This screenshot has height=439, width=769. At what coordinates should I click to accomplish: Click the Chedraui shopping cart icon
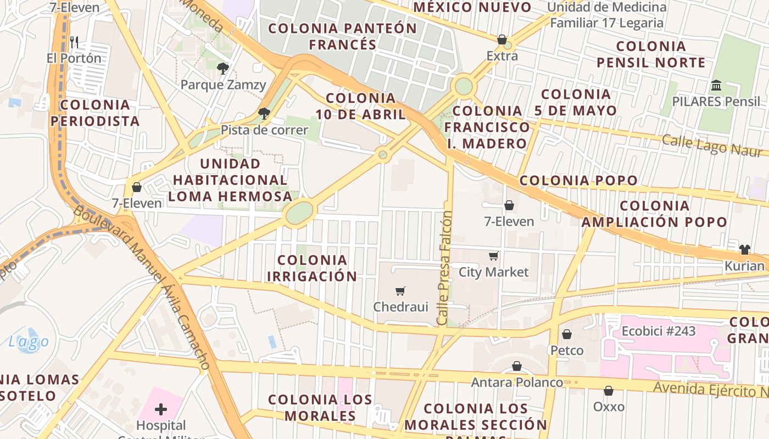(400, 291)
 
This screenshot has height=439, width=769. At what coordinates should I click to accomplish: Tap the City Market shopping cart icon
(494, 256)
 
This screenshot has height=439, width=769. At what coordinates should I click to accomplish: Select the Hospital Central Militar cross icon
(161, 409)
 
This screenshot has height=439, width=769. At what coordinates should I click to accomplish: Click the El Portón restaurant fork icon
(74, 42)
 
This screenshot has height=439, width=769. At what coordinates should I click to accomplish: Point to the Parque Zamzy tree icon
(223, 69)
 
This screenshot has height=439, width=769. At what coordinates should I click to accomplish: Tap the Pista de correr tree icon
(264, 114)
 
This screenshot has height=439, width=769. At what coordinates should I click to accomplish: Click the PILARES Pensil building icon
(716, 86)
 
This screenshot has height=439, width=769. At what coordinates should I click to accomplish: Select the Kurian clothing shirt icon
(744, 250)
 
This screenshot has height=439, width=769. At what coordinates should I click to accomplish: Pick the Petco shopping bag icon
(567, 334)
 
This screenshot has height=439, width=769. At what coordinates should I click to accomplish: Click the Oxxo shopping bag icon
(609, 391)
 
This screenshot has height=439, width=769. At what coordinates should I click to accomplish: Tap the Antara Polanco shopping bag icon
(517, 366)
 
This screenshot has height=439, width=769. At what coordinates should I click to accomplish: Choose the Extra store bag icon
(502, 40)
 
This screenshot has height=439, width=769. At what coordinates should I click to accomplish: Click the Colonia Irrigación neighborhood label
(312, 268)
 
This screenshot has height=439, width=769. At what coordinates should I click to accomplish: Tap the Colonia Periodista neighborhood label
(99, 112)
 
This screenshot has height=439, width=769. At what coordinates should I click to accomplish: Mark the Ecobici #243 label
(658, 331)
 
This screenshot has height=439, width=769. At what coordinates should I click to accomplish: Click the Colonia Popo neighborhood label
(578, 181)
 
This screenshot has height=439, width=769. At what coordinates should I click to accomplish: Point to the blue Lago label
(29, 342)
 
